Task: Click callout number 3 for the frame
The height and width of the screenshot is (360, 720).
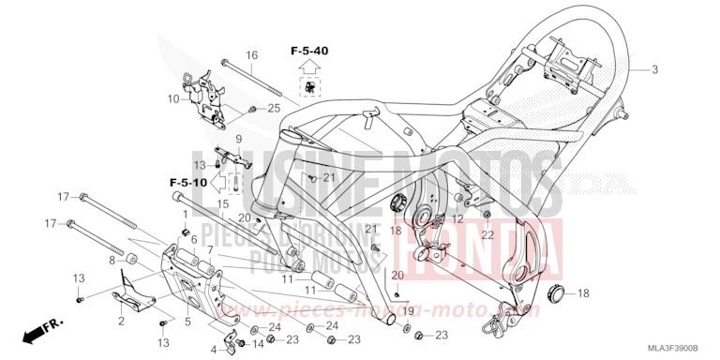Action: coord(655,70)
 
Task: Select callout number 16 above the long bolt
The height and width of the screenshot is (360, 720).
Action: coord(251,56)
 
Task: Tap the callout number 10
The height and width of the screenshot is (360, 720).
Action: coord(173,97)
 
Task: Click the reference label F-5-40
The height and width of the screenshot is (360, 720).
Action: coord(308,50)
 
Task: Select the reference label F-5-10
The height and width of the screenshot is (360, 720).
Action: coord(187,180)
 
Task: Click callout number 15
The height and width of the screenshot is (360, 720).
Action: coord(223,204)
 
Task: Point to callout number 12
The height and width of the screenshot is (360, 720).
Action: coord(458,218)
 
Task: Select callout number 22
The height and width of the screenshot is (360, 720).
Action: coord(487,234)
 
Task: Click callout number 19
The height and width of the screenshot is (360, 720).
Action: coord(408,309)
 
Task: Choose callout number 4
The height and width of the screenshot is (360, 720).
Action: coord(214,350)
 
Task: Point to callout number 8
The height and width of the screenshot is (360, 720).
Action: coord(112,260)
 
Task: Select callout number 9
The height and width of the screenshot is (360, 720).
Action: coord(238,139)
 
